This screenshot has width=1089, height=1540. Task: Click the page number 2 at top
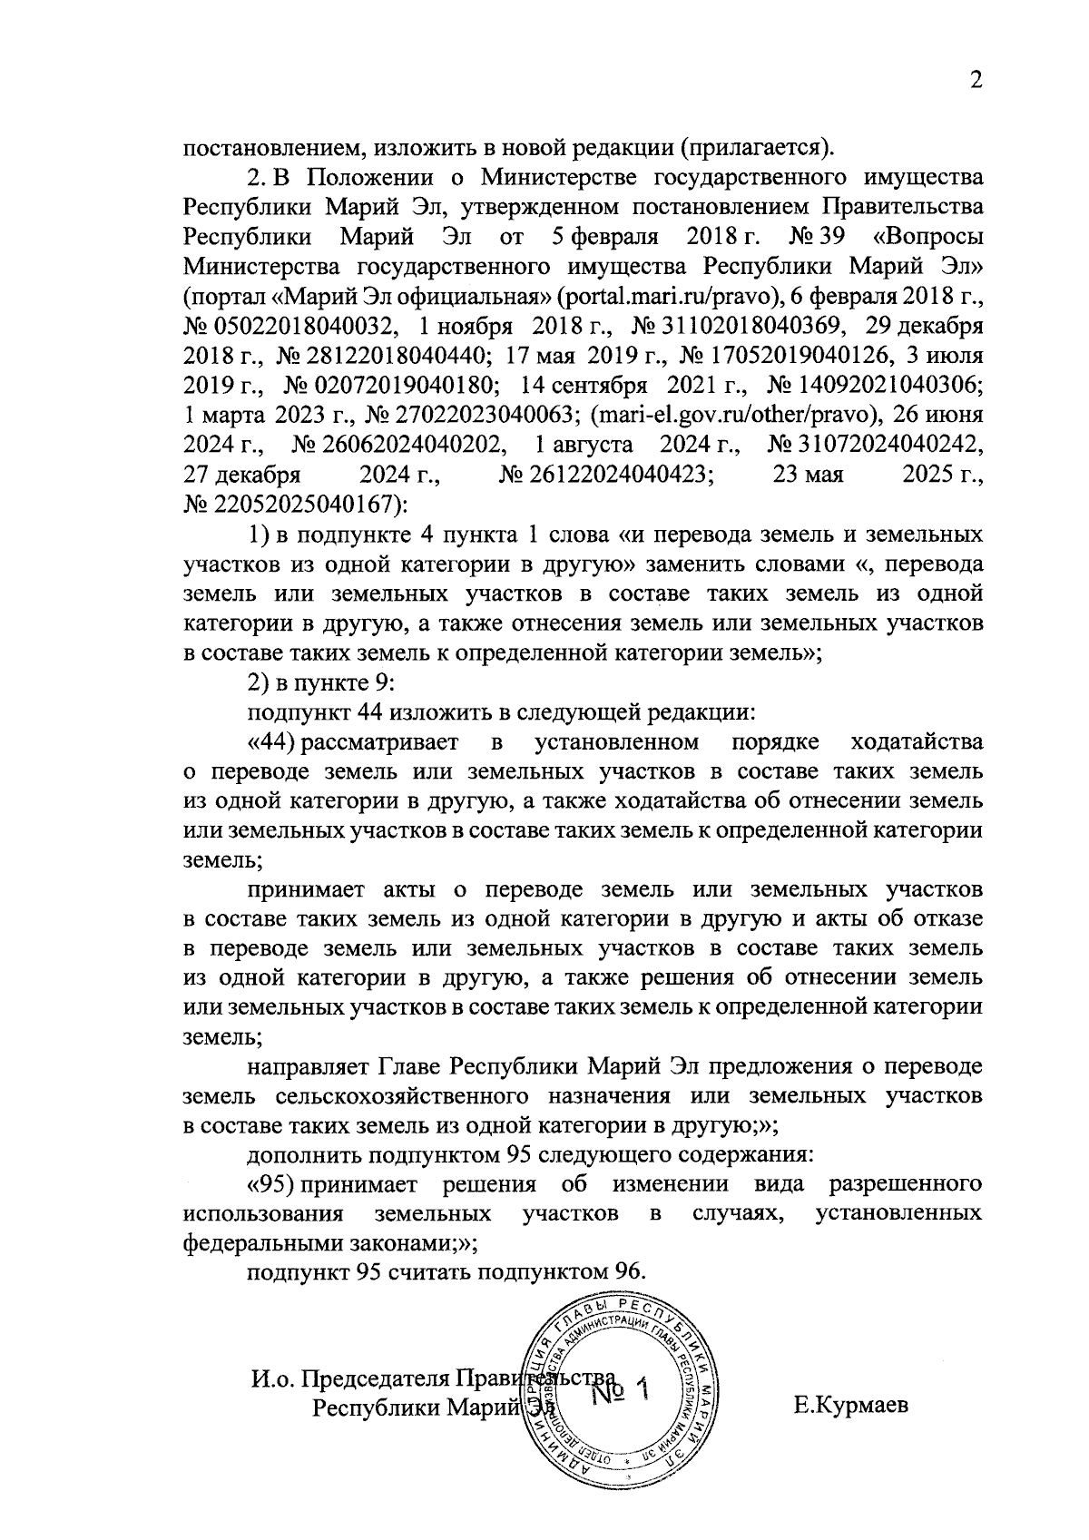(x=976, y=82)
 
